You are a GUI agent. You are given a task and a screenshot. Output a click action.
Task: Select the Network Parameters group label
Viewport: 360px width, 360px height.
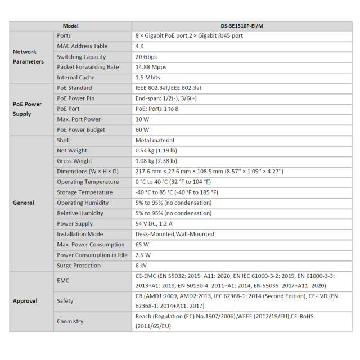point(28,56)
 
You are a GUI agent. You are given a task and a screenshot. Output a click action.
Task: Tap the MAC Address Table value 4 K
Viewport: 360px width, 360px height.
point(140,46)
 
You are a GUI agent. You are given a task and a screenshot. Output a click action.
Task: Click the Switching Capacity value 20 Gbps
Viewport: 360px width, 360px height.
point(146,57)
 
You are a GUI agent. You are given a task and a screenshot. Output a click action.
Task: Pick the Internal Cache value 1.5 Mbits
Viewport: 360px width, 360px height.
point(148,78)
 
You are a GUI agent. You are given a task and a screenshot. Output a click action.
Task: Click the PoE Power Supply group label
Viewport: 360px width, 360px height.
point(28,109)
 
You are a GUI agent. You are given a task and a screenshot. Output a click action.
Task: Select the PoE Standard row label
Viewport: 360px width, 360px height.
point(74,88)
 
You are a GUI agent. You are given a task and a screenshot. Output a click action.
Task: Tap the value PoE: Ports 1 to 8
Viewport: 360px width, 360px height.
point(157,109)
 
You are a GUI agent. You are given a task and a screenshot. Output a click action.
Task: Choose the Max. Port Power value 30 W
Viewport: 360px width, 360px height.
point(142,119)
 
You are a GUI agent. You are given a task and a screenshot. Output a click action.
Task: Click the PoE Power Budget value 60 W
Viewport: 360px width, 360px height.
point(142,130)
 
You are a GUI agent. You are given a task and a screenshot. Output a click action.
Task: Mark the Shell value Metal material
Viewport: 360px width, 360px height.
point(155,140)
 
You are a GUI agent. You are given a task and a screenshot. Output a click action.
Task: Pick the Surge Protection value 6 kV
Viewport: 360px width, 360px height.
point(141,265)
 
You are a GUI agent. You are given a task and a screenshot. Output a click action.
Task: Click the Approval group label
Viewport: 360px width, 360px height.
point(25,301)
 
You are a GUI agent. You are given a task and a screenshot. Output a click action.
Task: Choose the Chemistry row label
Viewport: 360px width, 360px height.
point(70,322)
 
